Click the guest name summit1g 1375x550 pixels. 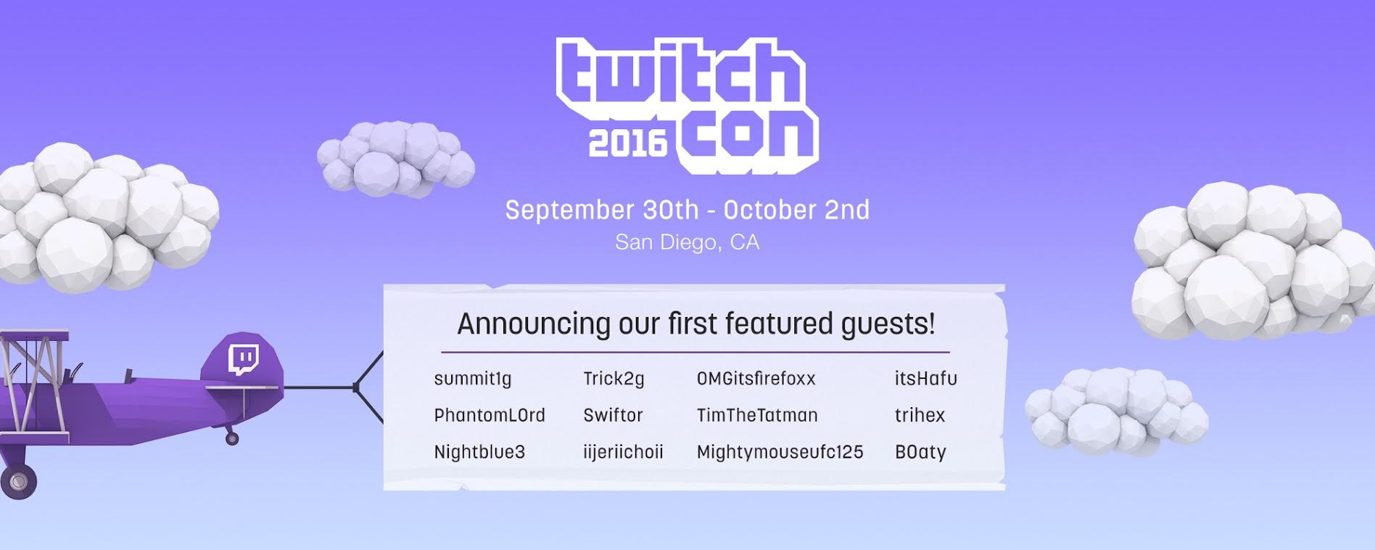(473, 379)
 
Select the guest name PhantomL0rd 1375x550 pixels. (490, 415)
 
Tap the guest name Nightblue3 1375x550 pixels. (479, 452)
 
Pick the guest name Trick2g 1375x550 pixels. (614, 379)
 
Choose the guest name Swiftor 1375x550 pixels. (613, 415)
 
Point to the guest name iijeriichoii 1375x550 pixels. (623, 452)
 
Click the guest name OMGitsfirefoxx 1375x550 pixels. (756, 379)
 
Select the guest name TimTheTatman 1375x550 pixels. (757, 415)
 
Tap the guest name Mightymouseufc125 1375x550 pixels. (780, 452)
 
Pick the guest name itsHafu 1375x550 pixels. (925, 379)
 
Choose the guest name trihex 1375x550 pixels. (920, 415)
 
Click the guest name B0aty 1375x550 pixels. (920, 452)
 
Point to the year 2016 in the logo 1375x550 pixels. (627, 144)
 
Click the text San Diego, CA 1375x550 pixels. (687, 242)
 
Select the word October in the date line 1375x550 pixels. (769, 210)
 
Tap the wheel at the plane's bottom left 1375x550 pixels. (17, 481)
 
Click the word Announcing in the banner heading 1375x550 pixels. (533, 324)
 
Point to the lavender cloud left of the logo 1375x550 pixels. (395, 159)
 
